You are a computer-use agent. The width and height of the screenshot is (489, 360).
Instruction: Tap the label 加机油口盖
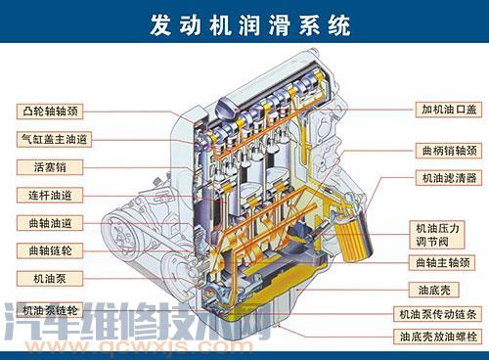coord(441,110)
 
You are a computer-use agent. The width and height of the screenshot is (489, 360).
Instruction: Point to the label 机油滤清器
coord(441,178)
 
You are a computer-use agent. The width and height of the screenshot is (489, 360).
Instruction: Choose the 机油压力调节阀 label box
coord(441,233)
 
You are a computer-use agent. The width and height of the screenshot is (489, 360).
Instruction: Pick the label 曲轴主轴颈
coord(441,262)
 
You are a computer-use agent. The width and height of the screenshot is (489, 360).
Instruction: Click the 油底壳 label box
coord(441,290)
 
